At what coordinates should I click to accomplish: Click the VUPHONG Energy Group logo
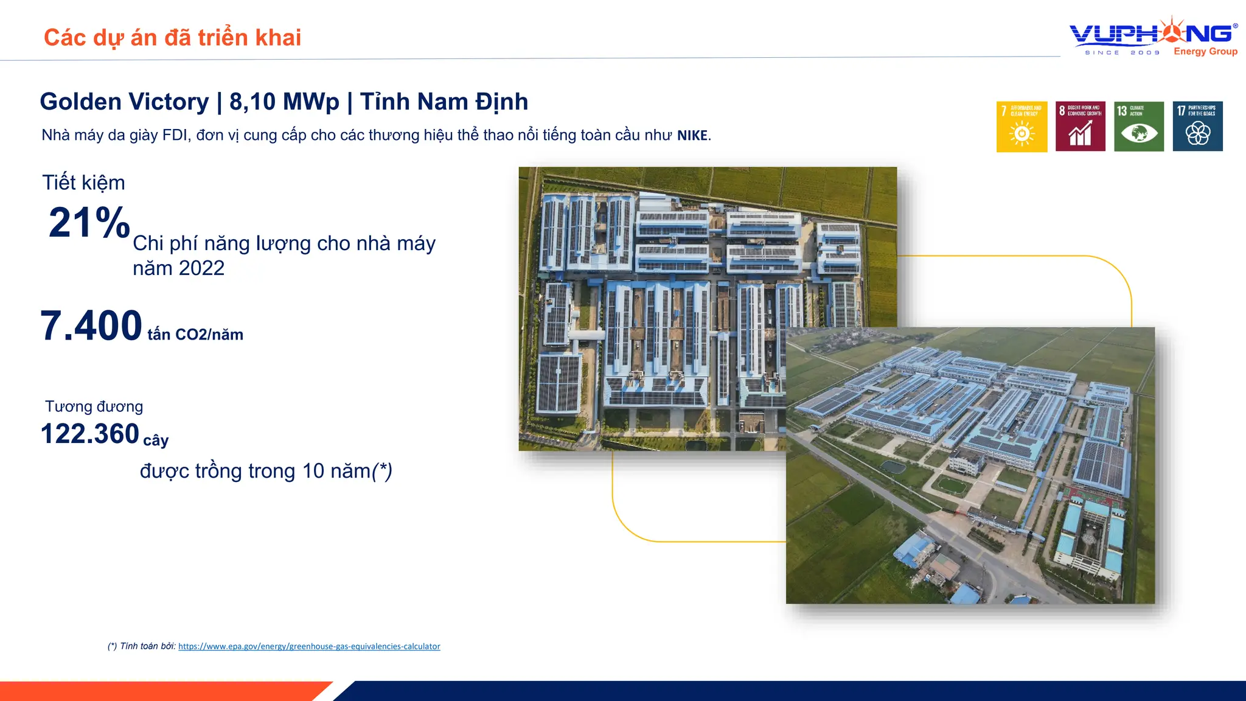pyautogui.click(x=1154, y=37)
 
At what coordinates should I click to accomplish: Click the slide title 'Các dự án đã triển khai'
pyautogui.click(x=172, y=38)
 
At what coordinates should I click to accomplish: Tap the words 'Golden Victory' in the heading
pyautogui.click(x=124, y=102)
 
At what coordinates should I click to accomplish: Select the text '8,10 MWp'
pyautogui.click(x=284, y=102)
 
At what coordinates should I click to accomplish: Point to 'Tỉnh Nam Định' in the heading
pyautogui.click(x=444, y=102)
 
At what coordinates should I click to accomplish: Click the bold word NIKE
pyautogui.click(x=692, y=135)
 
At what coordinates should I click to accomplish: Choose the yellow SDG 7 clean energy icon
pyautogui.click(x=1022, y=127)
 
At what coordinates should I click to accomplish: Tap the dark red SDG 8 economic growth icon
pyautogui.click(x=1080, y=127)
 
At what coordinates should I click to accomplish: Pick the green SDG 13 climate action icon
pyautogui.click(x=1138, y=127)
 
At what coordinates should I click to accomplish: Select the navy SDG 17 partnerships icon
pyautogui.click(x=1197, y=127)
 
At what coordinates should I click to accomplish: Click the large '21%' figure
pyautogui.click(x=89, y=223)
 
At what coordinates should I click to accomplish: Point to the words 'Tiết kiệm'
pyautogui.click(x=83, y=183)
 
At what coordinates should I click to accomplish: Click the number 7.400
pyautogui.click(x=91, y=326)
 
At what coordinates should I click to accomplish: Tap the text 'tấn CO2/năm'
pyautogui.click(x=195, y=335)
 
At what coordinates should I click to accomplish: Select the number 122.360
pyautogui.click(x=90, y=434)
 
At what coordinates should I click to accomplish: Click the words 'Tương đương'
pyautogui.click(x=94, y=406)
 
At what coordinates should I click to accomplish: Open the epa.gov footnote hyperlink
pyautogui.click(x=309, y=646)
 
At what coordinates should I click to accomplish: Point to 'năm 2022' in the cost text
pyautogui.click(x=178, y=268)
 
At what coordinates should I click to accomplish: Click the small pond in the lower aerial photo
pyautogui.click(x=892, y=467)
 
